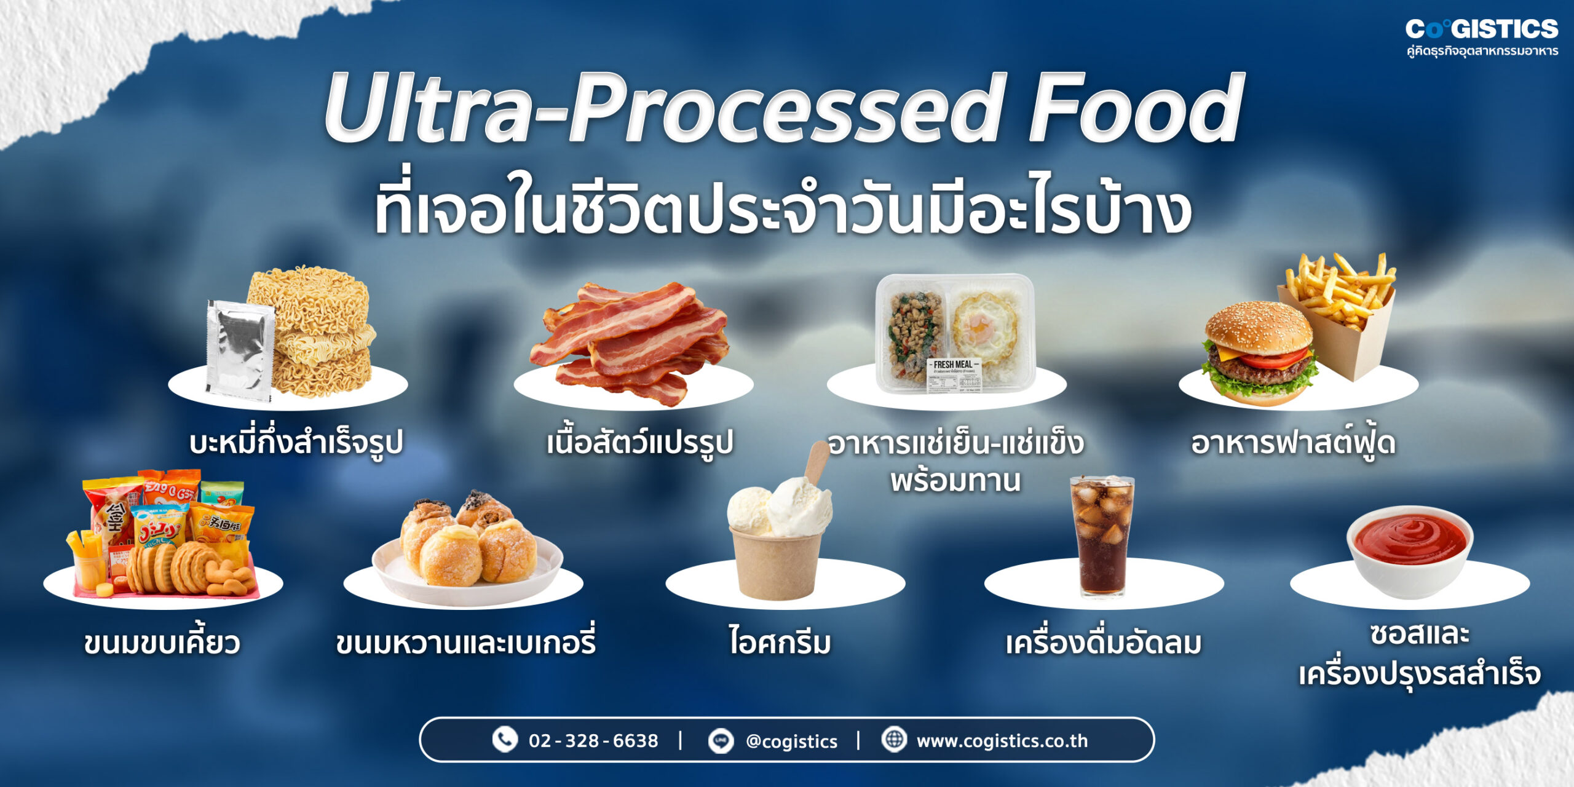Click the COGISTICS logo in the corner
click(1482, 30)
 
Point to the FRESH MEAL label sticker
click(954, 375)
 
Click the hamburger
click(1257, 354)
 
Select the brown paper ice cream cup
click(776, 563)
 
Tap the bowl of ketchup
click(1409, 550)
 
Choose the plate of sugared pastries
click(467, 550)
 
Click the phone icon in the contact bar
click(505, 740)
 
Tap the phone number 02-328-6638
click(593, 741)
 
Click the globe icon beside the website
click(894, 739)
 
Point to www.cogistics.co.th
click(1002, 741)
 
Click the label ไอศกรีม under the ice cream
click(780, 642)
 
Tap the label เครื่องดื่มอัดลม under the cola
click(1103, 643)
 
